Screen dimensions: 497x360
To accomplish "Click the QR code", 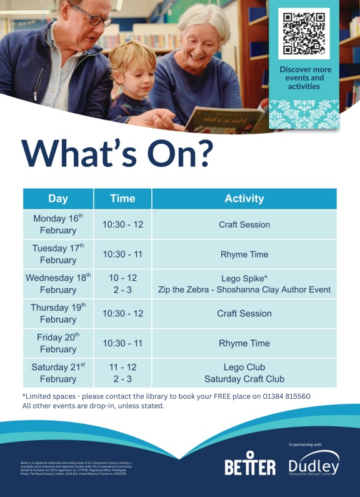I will click(304, 33).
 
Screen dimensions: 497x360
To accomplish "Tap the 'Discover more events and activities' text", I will click(305, 78).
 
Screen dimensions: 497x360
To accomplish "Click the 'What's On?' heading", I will click(117, 152).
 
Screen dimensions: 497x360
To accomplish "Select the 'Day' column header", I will click(58, 198).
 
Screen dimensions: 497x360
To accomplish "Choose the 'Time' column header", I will click(122, 198).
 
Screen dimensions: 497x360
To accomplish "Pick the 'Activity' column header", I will click(244, 198).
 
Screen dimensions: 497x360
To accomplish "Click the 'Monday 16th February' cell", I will click(58, 224).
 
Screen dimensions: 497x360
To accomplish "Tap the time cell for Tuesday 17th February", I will click(122, 254).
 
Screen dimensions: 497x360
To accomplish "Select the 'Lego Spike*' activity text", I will click(244, 278).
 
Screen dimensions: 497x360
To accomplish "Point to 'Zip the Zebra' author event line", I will click(244, 290).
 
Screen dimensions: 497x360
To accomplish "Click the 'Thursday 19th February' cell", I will click(58, 313).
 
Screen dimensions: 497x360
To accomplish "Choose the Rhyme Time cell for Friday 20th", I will click(244, 343).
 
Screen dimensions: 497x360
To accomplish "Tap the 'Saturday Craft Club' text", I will click(244, 379).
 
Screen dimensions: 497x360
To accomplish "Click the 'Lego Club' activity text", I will click(244, 367).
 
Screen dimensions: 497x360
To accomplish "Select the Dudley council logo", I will click(314, 463).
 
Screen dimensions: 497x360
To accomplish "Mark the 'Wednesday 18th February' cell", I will click(58, 284).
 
